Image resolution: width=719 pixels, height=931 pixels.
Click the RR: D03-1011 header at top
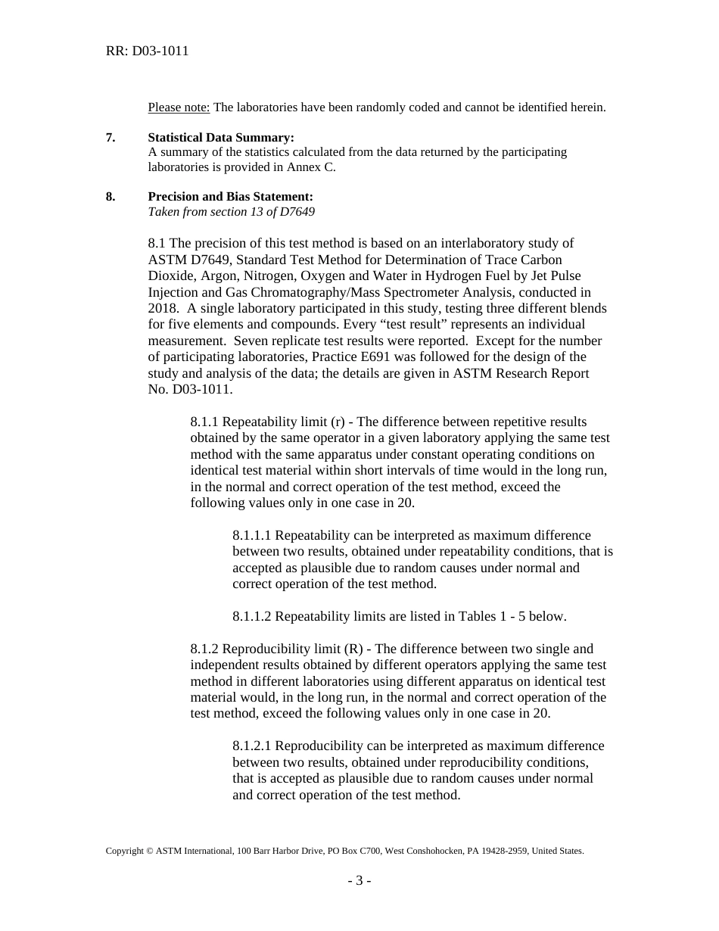click(147, 51)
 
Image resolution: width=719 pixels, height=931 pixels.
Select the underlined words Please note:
click(179, 107)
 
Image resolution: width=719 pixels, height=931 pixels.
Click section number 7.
click(110, 138)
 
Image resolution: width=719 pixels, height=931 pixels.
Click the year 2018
click(163, 308)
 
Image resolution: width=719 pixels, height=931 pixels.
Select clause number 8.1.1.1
click(252, 536)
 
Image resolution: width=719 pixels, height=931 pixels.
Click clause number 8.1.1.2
click(252, 617)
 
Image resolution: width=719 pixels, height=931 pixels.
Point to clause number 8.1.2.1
click(252, 746)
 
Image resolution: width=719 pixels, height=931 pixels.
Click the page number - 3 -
click(359, 880)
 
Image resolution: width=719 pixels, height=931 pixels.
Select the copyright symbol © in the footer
click(149, 851)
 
